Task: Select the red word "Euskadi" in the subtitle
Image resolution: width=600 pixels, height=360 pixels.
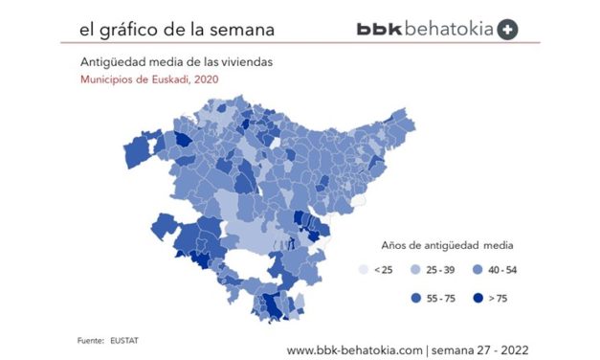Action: click(x=167, y=79)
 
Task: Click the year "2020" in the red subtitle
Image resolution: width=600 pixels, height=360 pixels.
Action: click(x=205, y=79)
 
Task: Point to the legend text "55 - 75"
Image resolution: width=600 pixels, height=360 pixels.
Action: click(x=440, y=298)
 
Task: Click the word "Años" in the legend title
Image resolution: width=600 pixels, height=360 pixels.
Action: click(x=396, y=244)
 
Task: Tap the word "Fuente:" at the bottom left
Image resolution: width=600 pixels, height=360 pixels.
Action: click(x=91, y=340)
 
